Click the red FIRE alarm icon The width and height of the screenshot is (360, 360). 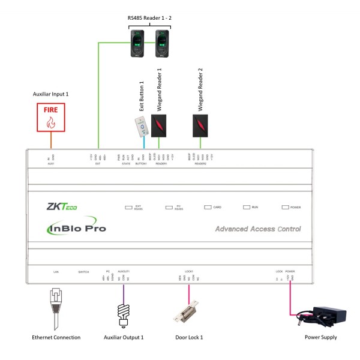51,117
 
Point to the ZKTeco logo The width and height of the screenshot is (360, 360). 62,207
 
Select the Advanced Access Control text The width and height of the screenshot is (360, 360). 257,229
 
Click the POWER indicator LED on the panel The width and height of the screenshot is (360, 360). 286,207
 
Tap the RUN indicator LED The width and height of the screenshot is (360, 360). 246,207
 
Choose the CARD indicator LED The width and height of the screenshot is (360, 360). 208,207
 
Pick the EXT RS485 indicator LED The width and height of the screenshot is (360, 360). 128,207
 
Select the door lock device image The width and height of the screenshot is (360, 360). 187,314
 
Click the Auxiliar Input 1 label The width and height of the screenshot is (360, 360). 51,95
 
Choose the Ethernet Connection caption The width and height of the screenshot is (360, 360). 56,338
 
